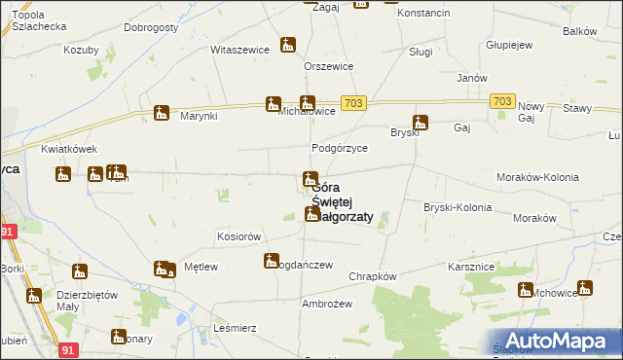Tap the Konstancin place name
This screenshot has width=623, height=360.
(423, 13)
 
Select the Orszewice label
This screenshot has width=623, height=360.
(328, 66)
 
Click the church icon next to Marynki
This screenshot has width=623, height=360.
(162, 113)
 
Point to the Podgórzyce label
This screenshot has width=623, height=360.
(339, 148)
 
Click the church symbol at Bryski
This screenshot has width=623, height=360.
(421, 123)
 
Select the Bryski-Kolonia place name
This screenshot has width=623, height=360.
(458, 207)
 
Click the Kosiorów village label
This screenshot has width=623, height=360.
(239, 236)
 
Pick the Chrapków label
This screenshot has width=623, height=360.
(373, 276)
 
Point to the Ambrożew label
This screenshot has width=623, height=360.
(326, 304)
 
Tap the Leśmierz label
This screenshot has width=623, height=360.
(235, 330)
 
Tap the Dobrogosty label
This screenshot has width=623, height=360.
(151, 28)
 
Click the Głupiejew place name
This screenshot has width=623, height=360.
(508, 45)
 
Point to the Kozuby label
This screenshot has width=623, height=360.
(82, 50)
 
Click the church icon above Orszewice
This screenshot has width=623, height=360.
(287, 45)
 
